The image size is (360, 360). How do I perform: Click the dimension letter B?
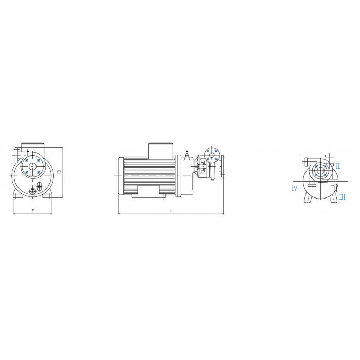tap(59, 172)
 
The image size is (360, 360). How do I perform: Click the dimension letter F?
tap(33, 211)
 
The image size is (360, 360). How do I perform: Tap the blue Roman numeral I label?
tap(301, 157)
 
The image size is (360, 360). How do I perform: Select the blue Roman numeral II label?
tap(338, 166)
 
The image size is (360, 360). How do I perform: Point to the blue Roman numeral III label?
tap(342, 197)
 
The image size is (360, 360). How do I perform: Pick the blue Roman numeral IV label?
tap(294, 189)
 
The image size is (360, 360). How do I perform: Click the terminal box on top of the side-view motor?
tap(160, 151)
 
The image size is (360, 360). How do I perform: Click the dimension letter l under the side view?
tap(171, 211)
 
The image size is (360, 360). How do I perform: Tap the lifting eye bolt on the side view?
tap(187, 153)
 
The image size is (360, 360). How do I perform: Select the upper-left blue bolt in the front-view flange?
tap(27, 160)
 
